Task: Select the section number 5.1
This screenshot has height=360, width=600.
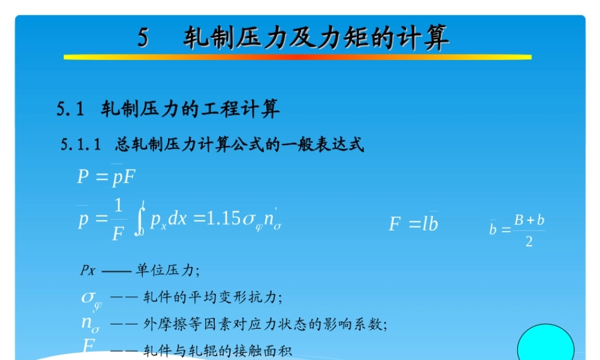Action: (71, 109)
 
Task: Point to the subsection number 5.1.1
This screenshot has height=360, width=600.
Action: (80, 145)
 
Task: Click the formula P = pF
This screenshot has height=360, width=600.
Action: (106, 177)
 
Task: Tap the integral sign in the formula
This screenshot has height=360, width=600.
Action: (140, 220)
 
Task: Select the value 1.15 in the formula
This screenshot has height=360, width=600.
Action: (222, 220)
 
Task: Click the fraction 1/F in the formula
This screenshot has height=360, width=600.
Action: (118, 220)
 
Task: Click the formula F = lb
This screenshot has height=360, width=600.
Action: (413, 224)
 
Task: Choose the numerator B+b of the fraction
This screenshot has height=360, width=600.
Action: (529, 220)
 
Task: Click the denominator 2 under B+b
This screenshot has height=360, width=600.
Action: (529, 242)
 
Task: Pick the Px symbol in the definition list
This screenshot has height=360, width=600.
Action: (88, 269)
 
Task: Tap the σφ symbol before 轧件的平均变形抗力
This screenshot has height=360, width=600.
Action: (92, 298)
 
